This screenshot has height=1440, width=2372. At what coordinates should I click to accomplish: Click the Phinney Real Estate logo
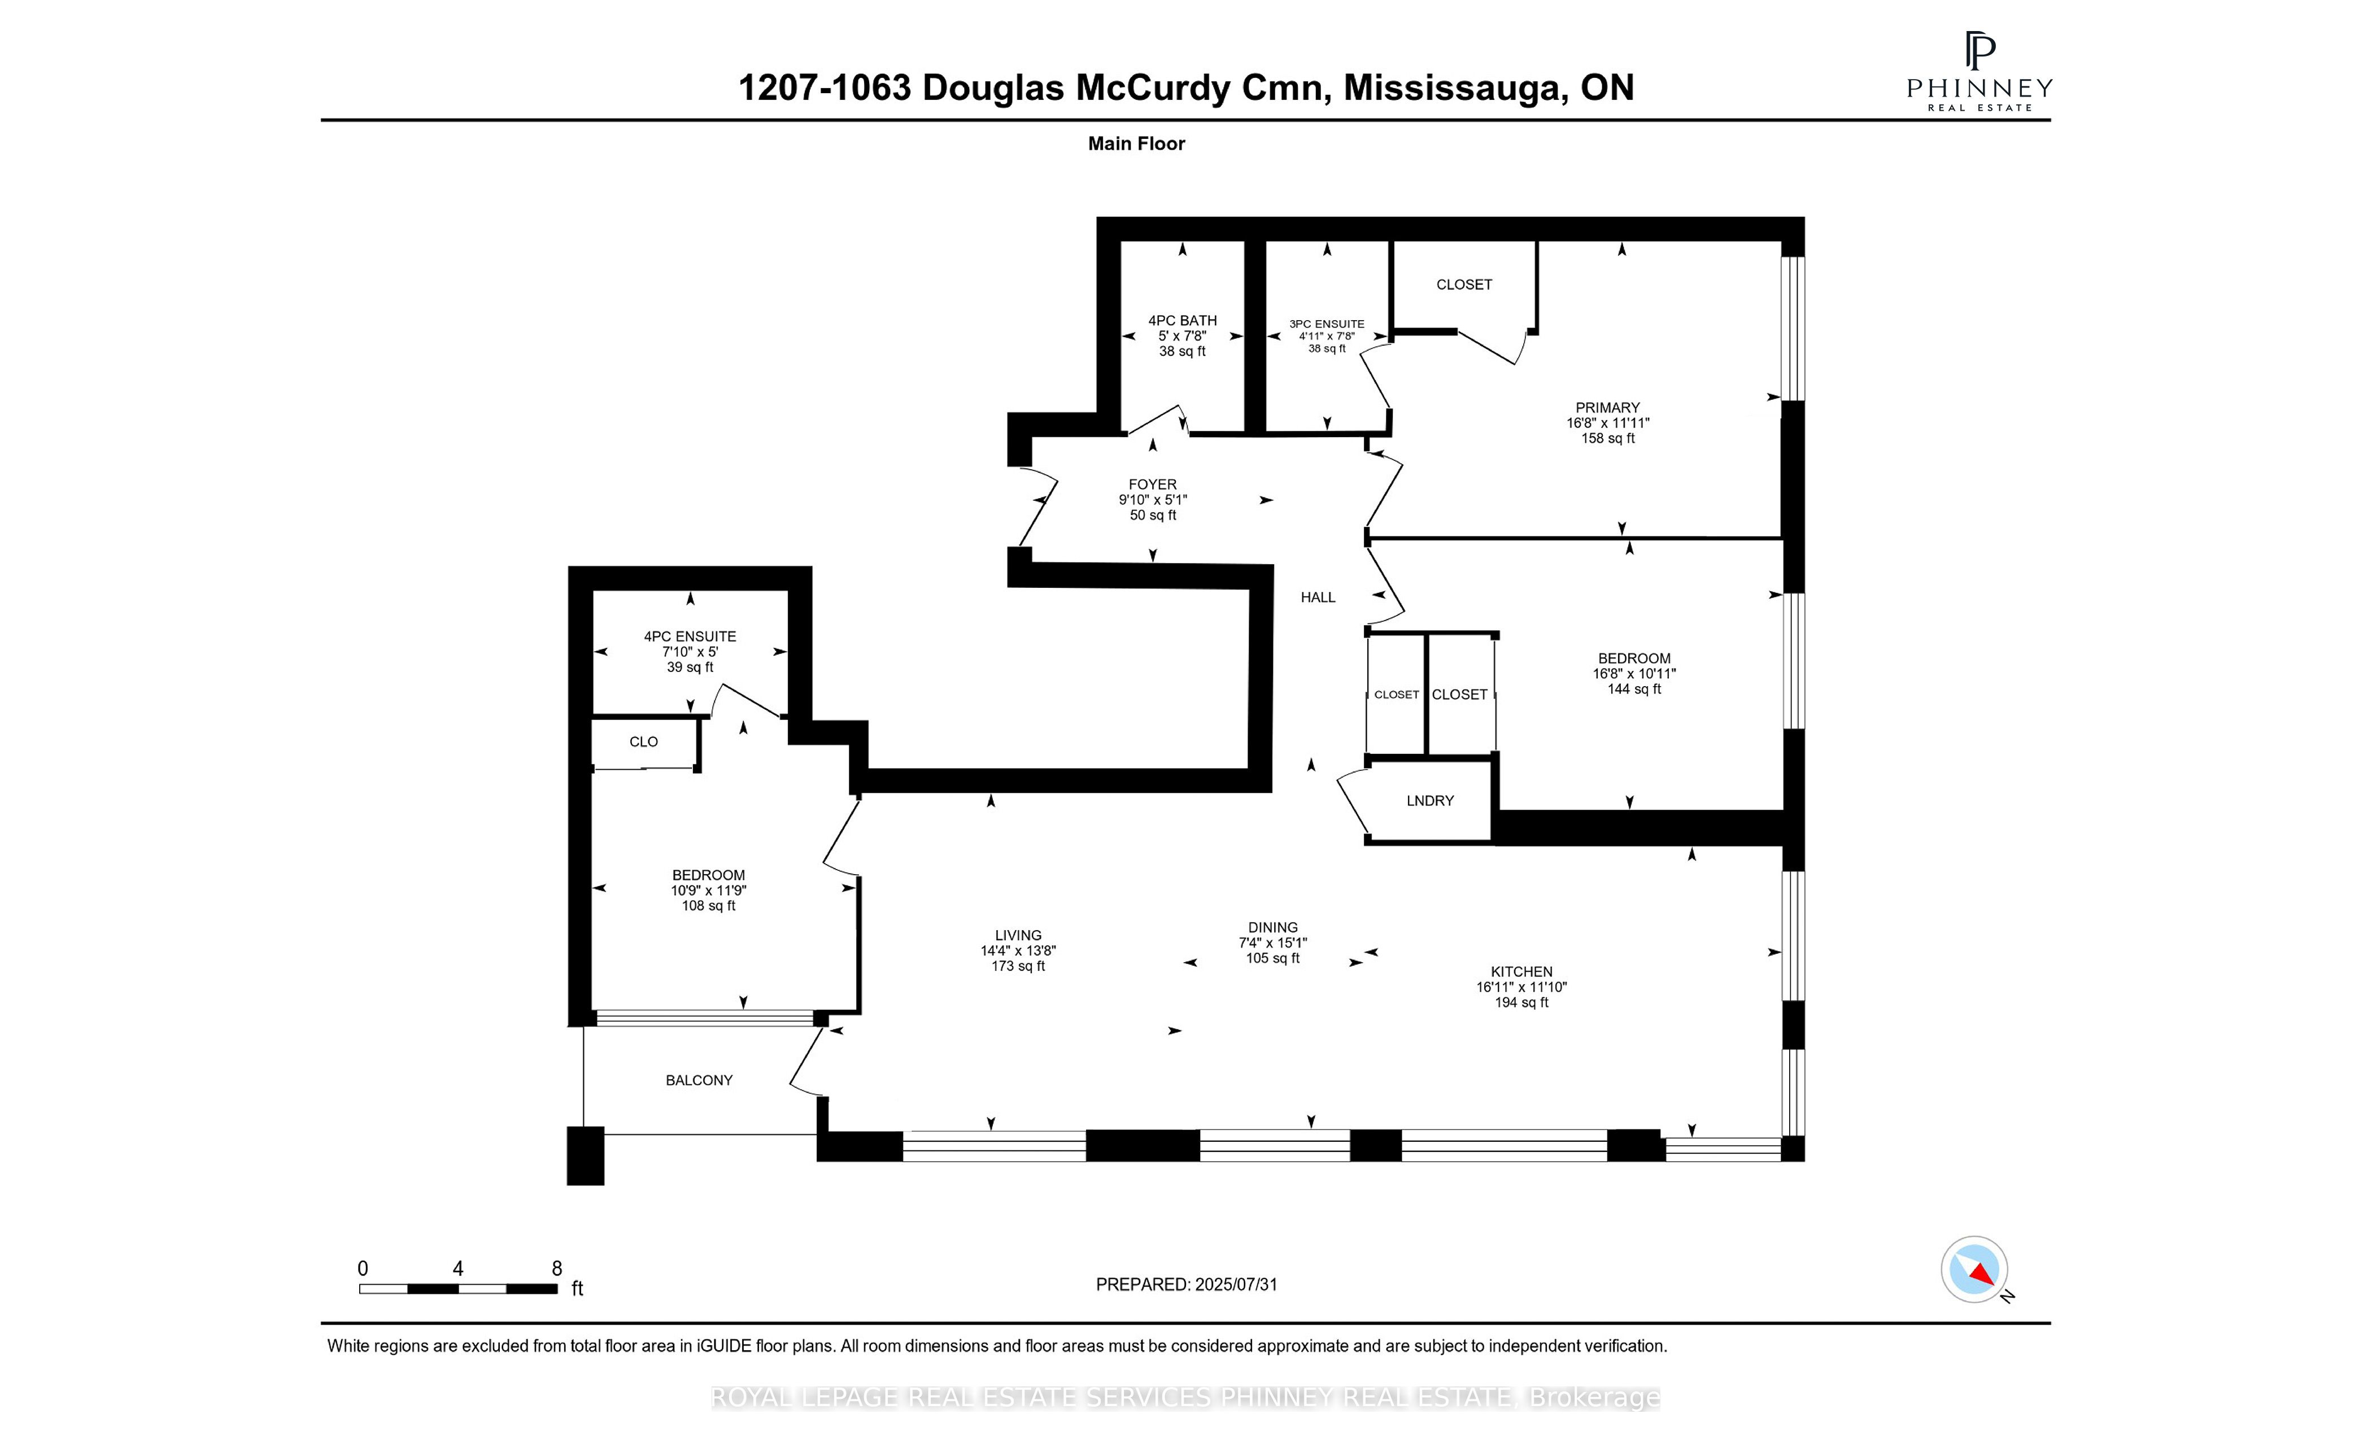[1979, 72]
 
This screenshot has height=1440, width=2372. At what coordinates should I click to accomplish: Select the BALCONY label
[699, 1080]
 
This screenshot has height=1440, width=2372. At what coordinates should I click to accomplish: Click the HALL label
[1318, 597]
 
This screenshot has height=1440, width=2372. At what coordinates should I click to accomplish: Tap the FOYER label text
[1152, 484]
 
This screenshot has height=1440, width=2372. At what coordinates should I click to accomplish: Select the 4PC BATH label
[1182, 321]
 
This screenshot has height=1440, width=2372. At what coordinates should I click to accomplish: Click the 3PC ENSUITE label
[1327, 324]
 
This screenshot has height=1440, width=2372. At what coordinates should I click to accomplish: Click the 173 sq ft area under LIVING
[1018, 966]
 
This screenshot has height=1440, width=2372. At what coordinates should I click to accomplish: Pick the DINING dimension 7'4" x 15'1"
[1272, 942]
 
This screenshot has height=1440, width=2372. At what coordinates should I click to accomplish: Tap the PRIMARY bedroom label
[1607, 407]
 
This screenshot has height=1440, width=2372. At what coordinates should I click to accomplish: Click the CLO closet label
[643, 741]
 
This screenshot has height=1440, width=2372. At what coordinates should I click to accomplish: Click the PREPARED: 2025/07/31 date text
[1186, 1284]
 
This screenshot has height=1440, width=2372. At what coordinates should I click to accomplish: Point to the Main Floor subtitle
[1136, 143]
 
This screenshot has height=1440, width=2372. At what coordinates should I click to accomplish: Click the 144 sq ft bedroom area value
[1634, 688]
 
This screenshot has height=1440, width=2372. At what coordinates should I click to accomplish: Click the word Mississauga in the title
[1451, 88]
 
